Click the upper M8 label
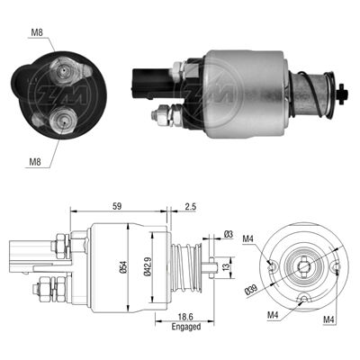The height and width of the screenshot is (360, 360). pos(37,33)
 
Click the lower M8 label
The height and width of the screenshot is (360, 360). pos(35,162)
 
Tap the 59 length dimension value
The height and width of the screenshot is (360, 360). pos(117,206)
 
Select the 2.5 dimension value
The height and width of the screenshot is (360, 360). pos(190,206)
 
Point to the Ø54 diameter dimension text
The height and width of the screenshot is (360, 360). pos(124,267)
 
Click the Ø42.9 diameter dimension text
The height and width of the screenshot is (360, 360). pos(147,266)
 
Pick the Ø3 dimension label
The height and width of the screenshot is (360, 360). pos(229,234)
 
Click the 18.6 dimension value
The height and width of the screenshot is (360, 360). pos(186,317)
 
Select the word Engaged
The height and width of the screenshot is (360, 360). pos(186,327)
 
